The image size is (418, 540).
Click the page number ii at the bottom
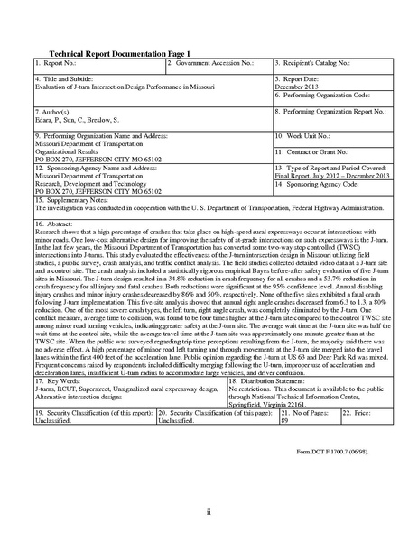209,512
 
